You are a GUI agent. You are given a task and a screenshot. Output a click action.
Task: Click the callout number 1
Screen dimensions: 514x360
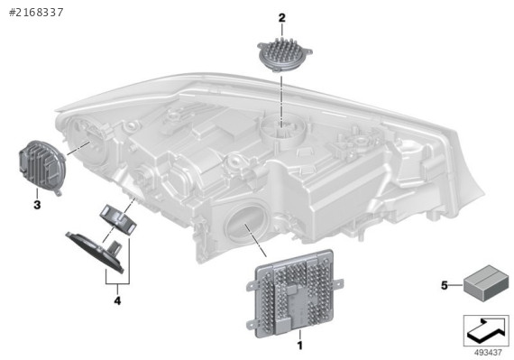299,345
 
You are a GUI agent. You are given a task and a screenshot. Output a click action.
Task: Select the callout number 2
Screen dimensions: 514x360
282,18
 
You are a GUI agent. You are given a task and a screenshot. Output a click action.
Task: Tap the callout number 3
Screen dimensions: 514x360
37,205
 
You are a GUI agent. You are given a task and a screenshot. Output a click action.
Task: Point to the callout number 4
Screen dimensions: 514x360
117,300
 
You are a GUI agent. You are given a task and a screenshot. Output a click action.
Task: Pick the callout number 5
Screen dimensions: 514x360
445,286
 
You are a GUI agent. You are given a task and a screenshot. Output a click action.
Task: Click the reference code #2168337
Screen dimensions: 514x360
36,13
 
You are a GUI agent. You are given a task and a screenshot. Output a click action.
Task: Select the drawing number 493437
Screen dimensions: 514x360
488,353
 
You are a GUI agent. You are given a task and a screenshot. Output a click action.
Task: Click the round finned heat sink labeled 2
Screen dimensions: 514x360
285,54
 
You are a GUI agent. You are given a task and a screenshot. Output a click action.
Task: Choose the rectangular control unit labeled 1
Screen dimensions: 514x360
294,294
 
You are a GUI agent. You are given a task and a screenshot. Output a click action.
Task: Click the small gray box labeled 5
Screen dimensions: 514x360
482,282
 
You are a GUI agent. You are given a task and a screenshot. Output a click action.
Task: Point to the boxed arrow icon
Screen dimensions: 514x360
486,330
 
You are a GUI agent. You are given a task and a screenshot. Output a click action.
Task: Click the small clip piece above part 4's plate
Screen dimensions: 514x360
118,219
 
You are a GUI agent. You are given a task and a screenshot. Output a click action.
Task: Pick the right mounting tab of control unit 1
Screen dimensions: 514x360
338,282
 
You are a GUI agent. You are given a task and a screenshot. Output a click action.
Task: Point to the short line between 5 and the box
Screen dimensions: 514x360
455,286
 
